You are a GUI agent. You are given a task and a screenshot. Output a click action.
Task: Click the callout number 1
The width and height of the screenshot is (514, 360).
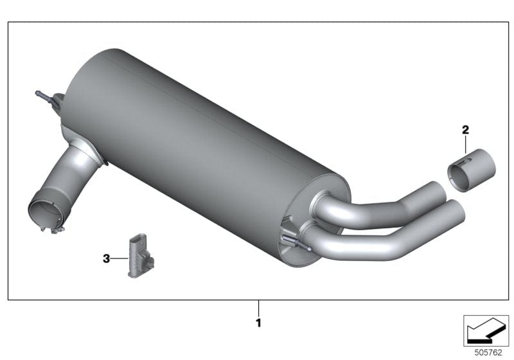click(x=258, y=323)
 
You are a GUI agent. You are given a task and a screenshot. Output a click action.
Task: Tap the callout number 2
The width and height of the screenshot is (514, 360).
click(x=465, y=130)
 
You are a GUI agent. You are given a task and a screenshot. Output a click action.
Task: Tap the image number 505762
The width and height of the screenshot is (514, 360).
click(x=488, y=352)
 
